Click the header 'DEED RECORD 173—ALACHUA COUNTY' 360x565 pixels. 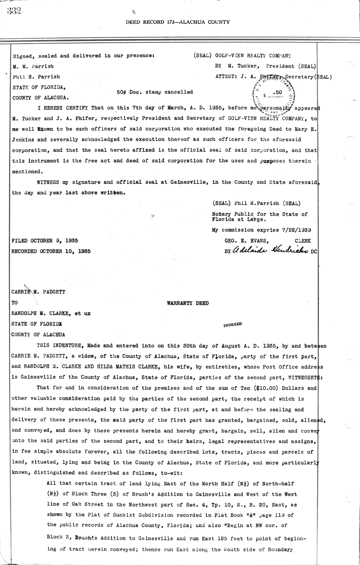coord(178,22)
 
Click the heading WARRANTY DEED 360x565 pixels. coord(187,303)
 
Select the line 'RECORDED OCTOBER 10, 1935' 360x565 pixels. coord(51,251)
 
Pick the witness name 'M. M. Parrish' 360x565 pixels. coord(33,66)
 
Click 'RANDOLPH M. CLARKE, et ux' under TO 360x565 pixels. coord(51,313)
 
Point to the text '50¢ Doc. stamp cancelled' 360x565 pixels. coord(155,92)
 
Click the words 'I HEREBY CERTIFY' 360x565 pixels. coord(62,108)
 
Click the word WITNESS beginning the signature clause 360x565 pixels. coord(48,182)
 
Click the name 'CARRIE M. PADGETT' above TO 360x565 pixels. coord(38,292)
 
